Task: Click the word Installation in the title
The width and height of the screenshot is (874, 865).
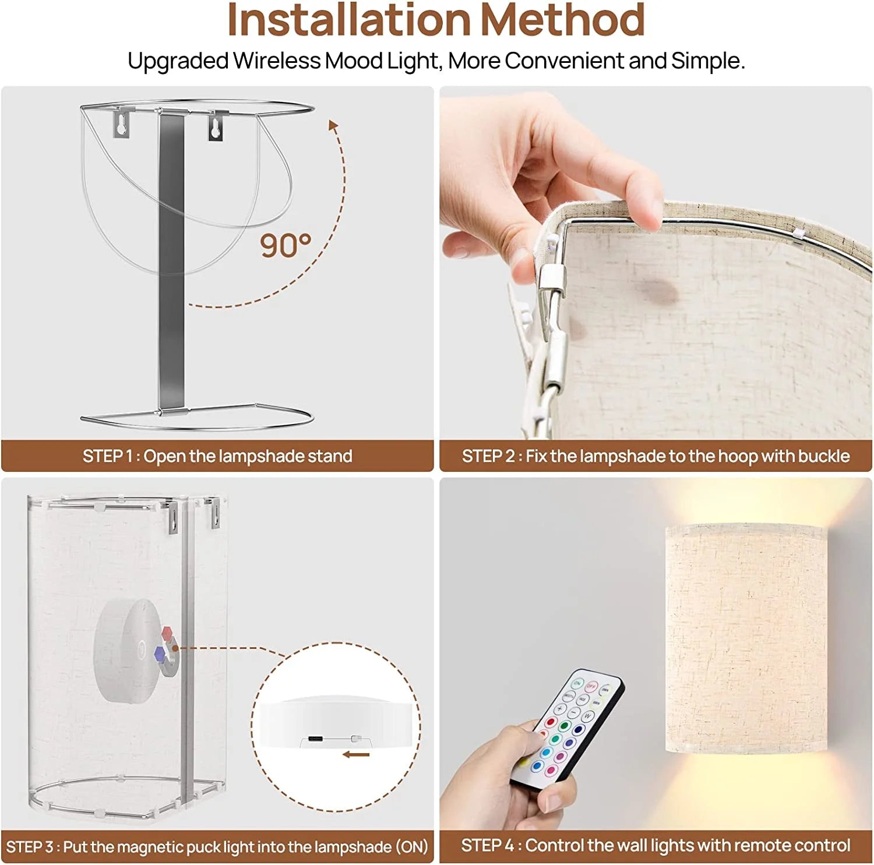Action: point(348,20)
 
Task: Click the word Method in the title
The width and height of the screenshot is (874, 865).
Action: point(562,20)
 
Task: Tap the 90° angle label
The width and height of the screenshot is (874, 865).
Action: point(285,245)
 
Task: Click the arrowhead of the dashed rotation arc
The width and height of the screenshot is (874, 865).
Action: point(333,126)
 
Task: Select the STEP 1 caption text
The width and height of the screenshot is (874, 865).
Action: point(217,456)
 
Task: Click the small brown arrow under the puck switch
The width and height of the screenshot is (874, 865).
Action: point(356,755)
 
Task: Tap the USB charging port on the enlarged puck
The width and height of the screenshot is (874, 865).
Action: point(315,739)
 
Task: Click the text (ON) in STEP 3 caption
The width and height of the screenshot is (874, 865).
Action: point(412,846)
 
